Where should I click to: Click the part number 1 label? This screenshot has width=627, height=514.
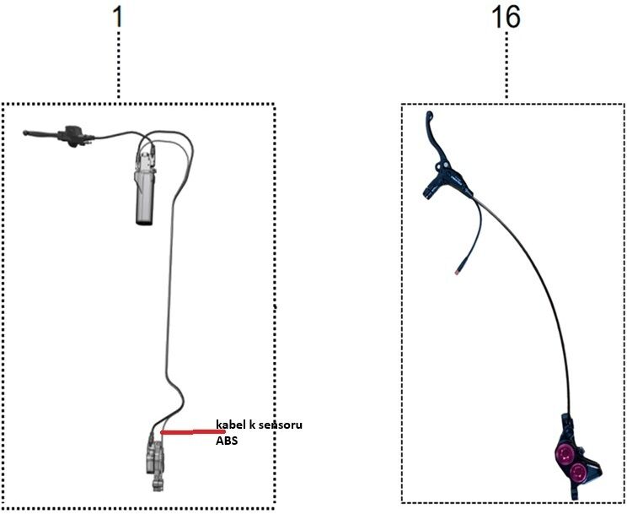pos(117,17)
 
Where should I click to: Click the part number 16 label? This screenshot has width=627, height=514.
pos(506,18)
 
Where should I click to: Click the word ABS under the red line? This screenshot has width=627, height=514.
pos(227,441)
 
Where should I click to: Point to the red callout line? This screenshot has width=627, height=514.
pos(192,432)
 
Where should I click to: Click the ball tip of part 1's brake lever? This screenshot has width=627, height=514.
pos(25,133)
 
